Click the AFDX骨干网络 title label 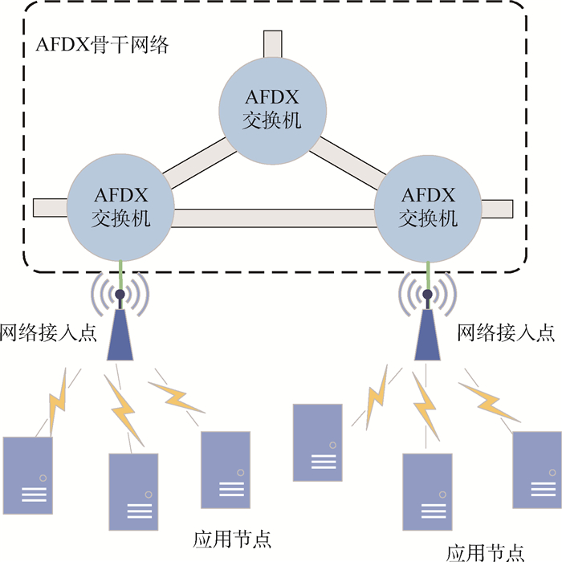[103, 45]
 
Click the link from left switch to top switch [197, 162]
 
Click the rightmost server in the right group [536, 469]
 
